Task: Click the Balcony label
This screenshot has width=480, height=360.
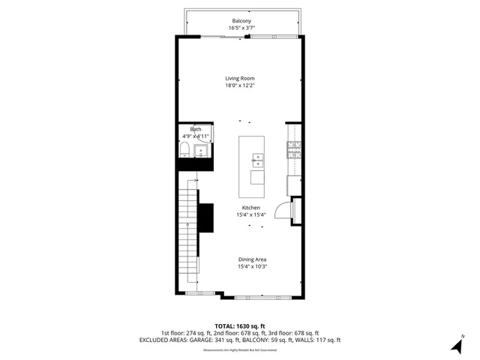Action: click(241, 20)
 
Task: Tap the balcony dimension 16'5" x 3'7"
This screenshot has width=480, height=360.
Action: click(241, 28)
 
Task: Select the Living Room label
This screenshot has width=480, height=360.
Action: click(241, 77)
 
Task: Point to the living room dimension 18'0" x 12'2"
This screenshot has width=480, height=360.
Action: click(241, 85)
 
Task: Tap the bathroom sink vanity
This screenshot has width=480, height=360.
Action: click(202, 152)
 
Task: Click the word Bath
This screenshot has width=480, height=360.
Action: click(195, 129)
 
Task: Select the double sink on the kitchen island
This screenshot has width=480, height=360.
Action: click(257, 160)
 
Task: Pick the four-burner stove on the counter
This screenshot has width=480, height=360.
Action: click(293, 149)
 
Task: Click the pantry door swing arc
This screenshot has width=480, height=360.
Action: click(283, 211)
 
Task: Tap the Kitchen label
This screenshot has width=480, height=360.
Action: click(250, 207)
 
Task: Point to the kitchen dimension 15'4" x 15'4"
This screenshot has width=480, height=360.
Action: click(250, 214)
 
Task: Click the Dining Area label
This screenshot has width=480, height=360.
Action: click(252, 259)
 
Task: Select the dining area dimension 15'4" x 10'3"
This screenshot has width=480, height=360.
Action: click(252, 267)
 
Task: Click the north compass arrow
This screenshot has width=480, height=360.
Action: click(455, 346)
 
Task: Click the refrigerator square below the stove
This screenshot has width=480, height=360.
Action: click(293, 185)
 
